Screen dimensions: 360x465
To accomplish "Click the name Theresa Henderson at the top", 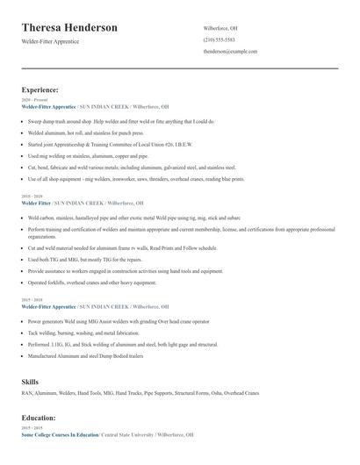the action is [x=69, y=28].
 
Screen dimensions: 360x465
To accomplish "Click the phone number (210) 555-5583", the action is [x=219, y=39].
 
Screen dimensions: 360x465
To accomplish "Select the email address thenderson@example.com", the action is [x=229, y=52].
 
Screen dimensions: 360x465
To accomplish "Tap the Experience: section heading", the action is [x=40, y=89].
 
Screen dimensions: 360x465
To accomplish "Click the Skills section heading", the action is [x=30, y=382].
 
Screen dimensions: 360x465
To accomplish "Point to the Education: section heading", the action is [x=39, y=418].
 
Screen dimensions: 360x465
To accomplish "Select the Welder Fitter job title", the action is [x=36, y=202].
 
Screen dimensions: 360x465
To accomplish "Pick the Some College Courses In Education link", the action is [x=60, y=434].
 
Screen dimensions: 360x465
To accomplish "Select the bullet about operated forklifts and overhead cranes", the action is [x=91, y=283].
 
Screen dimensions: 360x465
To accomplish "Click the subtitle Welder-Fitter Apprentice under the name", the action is [x=50, y=41].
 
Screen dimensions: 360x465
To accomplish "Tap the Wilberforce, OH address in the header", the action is [x=220, y=27].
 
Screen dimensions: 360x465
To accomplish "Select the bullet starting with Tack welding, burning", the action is [x=83, y=333].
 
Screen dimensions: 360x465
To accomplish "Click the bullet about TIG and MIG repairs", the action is [x=84, y=260].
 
